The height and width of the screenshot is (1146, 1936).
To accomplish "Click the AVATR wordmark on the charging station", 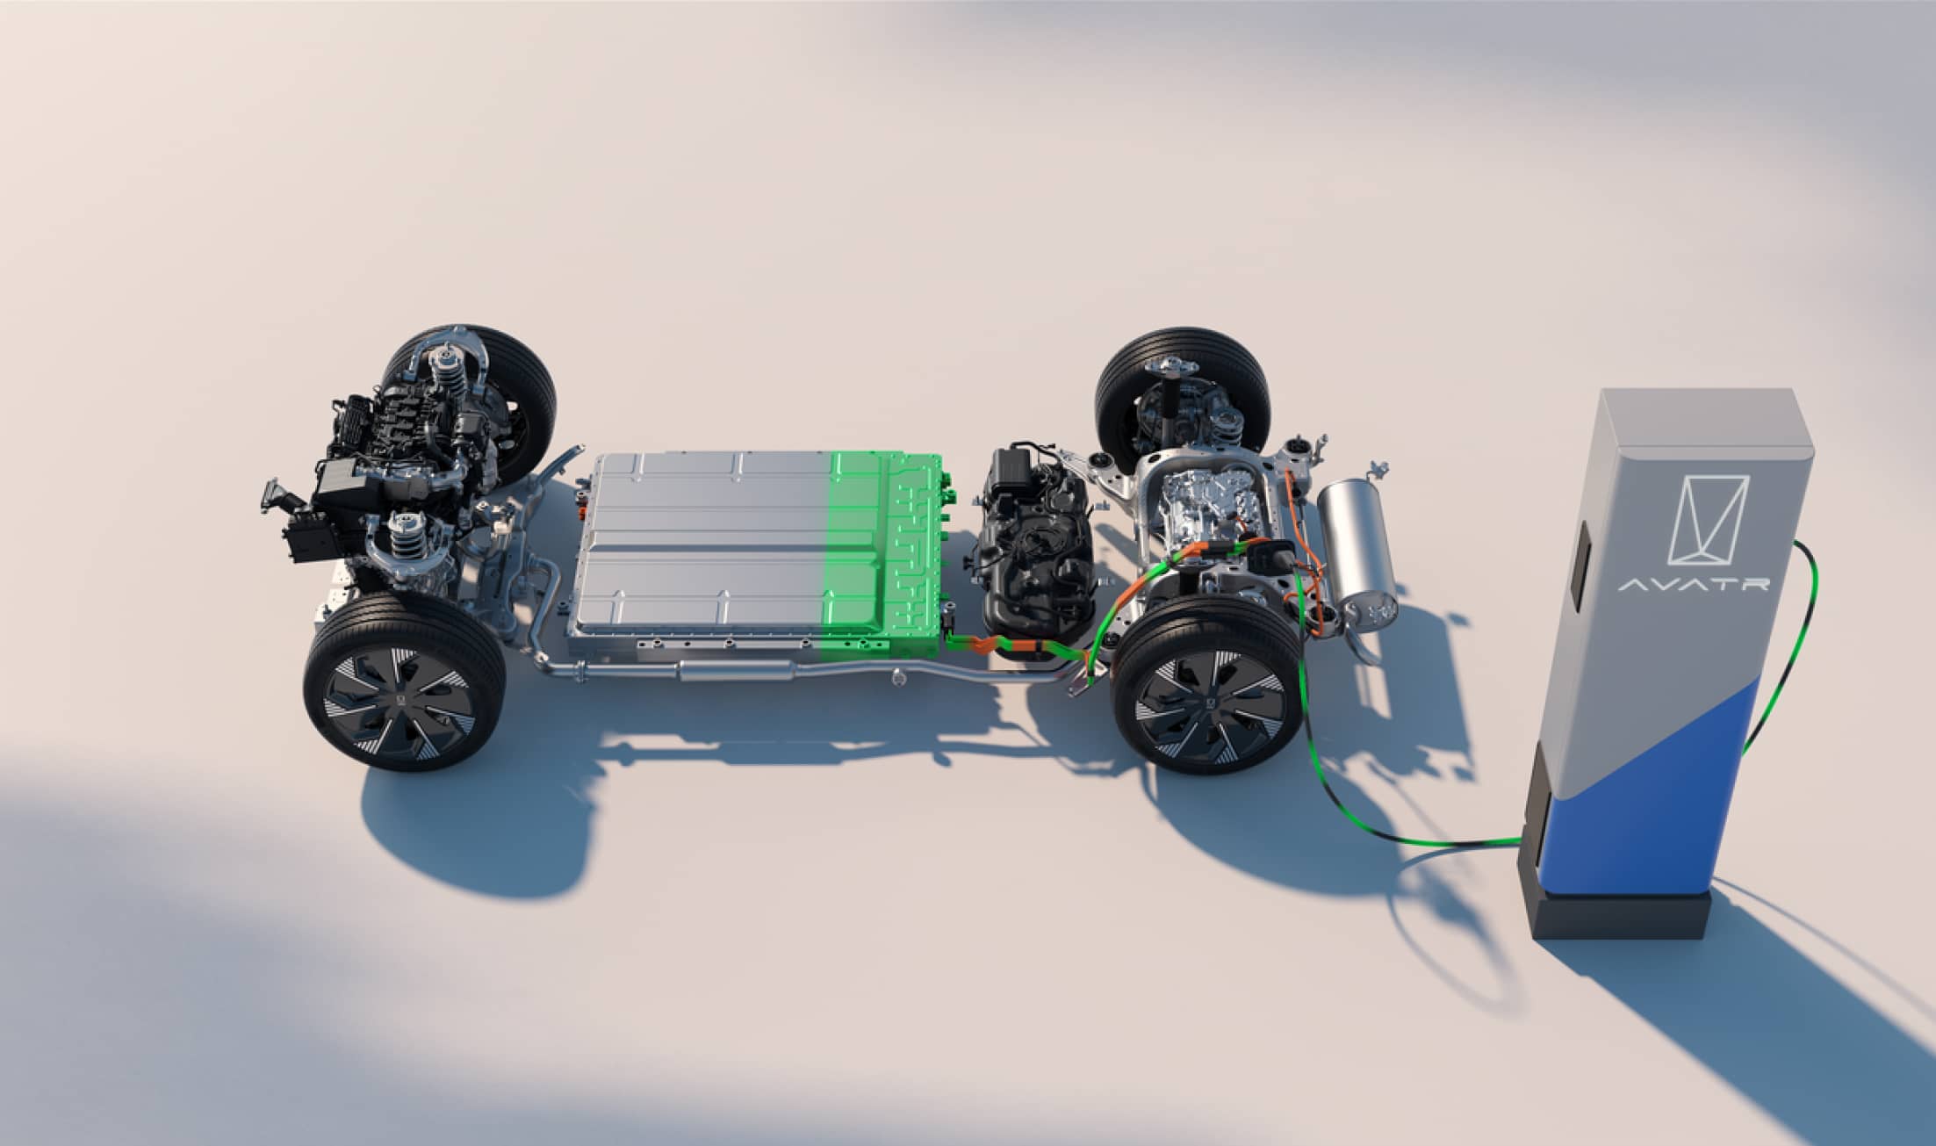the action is (1694, 584).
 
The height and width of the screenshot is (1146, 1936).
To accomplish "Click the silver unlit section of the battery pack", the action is (702, 553).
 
